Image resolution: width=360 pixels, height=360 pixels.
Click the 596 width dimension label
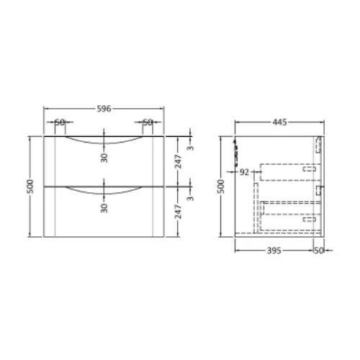104,109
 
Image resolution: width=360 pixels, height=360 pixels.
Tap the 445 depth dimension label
279,122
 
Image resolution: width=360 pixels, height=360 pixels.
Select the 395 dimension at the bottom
274,251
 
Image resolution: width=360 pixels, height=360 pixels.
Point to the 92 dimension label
244,172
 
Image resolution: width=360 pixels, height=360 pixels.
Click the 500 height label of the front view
30,186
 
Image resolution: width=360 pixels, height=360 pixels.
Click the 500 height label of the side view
221,186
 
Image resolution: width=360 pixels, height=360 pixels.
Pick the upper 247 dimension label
178,161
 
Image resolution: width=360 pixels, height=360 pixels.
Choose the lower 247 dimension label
178,212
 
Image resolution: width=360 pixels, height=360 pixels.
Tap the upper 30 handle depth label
104,158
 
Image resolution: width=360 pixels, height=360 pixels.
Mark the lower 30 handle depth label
104,208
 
